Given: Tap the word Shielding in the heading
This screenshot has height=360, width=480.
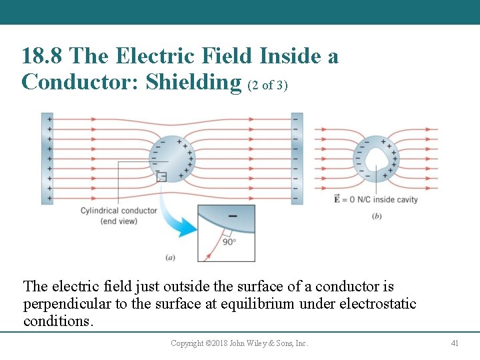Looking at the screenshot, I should coord(193,82).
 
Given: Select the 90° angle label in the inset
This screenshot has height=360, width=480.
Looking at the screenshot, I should coord(229,241).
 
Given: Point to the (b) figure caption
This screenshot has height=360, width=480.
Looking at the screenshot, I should coord(377,216).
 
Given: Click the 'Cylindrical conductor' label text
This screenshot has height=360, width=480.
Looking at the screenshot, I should coord(119,211).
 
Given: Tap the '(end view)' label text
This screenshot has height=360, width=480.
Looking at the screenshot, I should coord(119,221).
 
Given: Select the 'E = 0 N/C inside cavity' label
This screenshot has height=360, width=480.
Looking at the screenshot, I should coord(375,199).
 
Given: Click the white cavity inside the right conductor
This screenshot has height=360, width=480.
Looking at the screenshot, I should coord(375,158).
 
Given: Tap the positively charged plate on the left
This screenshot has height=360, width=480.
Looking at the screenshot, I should coord(47,158).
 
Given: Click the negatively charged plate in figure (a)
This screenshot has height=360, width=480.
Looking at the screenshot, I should coord(296,158).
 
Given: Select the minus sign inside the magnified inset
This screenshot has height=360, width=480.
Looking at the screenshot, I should coord(233,215).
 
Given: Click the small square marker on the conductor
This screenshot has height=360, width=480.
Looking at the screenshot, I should coord(161,177).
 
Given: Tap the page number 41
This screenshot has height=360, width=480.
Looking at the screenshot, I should coord(455,343).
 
